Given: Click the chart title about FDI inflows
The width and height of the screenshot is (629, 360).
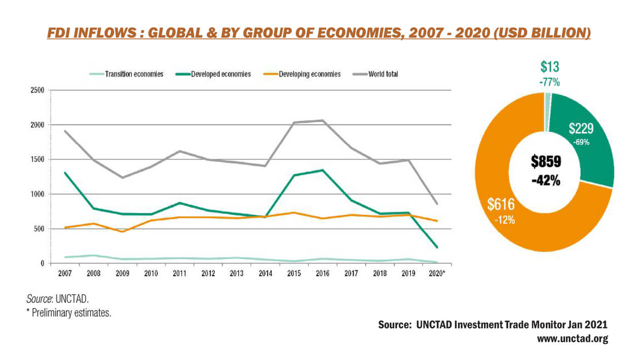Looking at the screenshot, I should (319, 33).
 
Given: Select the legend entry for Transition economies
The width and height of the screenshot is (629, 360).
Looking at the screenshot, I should (134, 74).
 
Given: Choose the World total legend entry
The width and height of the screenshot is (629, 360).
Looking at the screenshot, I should (383, 74).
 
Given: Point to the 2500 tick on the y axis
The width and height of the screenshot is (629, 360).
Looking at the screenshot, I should (38, 90).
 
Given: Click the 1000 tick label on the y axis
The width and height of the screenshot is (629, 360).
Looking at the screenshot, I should (38, 194).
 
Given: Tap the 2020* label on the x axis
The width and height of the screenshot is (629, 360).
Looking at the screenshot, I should (437, 274).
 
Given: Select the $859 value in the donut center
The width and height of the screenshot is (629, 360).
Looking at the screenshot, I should (546, 162).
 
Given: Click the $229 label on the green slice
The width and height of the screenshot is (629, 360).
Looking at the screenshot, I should (581, 129).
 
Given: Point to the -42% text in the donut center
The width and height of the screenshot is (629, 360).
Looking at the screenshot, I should (546, 179).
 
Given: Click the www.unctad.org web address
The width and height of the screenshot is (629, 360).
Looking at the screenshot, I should (572, 339).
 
